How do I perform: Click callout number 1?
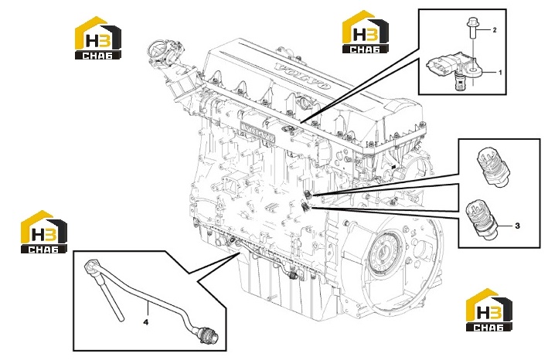[500, 73]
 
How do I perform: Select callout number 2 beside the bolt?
[495, 30]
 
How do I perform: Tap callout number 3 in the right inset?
[518, 226]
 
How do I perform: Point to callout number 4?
[146, 322]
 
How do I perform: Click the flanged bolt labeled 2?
[471, 29]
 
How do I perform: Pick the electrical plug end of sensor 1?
[434, 66]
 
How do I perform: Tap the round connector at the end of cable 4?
[209, 333]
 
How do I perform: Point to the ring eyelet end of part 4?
[90, 266]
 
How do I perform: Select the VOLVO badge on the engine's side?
[257, 131]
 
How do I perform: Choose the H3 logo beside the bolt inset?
[365, 32]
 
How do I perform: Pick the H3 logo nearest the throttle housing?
[98, 38]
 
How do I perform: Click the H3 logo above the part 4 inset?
[44, 232]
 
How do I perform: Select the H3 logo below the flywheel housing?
[489, 310]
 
